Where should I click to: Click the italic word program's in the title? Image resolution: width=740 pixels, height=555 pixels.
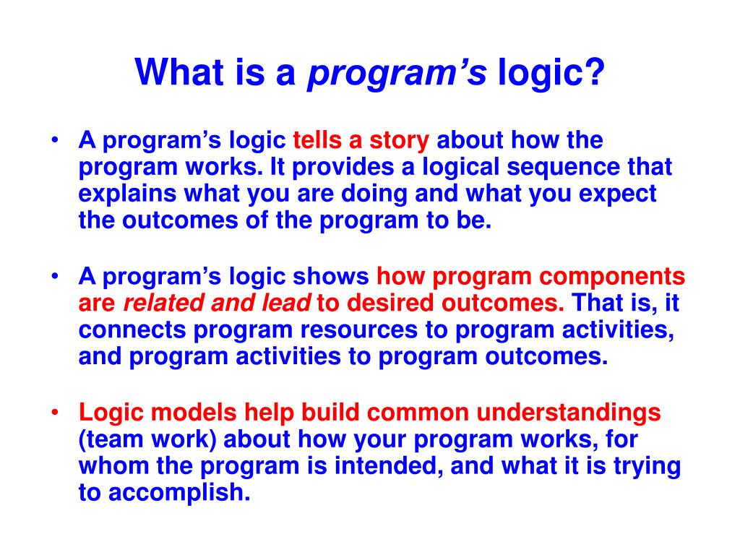[397, 74]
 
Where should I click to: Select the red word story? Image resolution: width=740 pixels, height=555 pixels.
[399, 141]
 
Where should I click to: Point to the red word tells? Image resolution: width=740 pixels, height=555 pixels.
[317, 140]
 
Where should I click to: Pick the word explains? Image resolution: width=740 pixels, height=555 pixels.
[127, 194]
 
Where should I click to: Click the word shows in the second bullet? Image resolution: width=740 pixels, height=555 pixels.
[330, 277]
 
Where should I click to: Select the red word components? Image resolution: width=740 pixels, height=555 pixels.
[611, 277]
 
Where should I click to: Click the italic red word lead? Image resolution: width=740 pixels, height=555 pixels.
[286, 303]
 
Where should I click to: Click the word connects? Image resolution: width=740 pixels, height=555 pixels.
[132, 330]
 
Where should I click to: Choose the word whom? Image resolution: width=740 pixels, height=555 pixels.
[113, 466]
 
